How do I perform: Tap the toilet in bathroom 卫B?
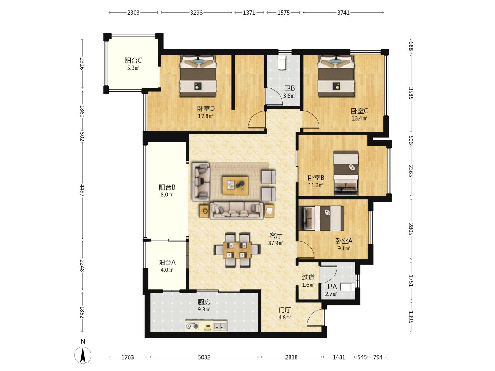click(x=282, y=62)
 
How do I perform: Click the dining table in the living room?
click(x=237, y=250)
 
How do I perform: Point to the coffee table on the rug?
click(x=235, y=186)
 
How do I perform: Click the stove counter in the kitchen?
click(x=206, y=326)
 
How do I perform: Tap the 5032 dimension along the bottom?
click(x=204, y=357)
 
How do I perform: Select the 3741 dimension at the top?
click(x=343, y=13)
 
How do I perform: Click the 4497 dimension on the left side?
click(x=82, y=190)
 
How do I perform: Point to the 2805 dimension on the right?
click(x=411, y=229)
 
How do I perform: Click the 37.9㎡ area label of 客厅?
click(x=276, y=243)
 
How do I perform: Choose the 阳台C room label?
click(x=133, y=60)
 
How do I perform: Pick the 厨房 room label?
click(x=204, y=302)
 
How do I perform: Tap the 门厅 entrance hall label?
click(x=284, y=310)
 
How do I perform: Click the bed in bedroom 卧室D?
click(x=198, y=76)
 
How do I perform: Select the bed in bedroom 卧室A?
click(x=321, y=218)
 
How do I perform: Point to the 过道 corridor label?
click(x=308, y=277)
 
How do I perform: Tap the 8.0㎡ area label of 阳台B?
click(x=167, y=195)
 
